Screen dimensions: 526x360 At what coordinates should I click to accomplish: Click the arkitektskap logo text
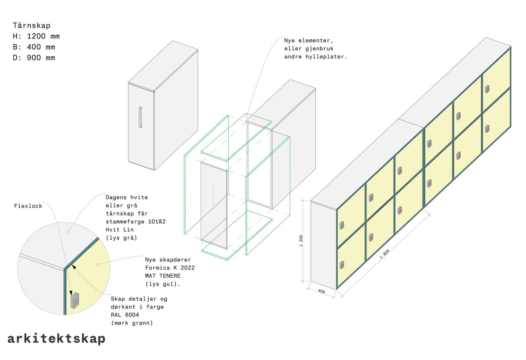(x=57, y=339)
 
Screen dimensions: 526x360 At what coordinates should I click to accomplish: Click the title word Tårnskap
(x=32, y=25)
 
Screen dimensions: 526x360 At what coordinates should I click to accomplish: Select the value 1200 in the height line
(x=36, y=36)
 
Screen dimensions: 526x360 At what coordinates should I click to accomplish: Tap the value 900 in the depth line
(x=34, y=58)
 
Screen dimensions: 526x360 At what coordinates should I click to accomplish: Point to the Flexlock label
(x=28, y=206)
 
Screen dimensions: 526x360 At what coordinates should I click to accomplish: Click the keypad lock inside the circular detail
(x=75, y=300)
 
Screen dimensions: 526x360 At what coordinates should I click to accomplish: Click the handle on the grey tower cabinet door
(x=140, y=117)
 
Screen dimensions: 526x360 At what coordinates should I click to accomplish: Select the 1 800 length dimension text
(x=385, y=254)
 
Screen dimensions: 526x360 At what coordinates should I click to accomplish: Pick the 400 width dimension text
(x=321, y=291)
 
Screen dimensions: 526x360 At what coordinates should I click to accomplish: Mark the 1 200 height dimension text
(x=301, y=240)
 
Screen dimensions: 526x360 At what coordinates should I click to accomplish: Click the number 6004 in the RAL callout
(x=132, y=315)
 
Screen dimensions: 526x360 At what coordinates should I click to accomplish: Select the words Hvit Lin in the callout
(x=120, y=229)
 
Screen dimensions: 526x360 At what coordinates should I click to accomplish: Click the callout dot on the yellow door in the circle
(x=98, y=265)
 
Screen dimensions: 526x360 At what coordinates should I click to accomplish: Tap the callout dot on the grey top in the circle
(x=68, y=233)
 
